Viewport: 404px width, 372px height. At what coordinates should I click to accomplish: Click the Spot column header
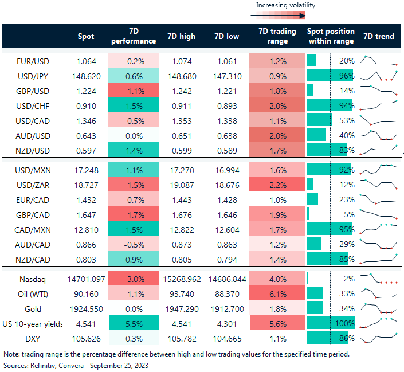(x=86, y=36)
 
